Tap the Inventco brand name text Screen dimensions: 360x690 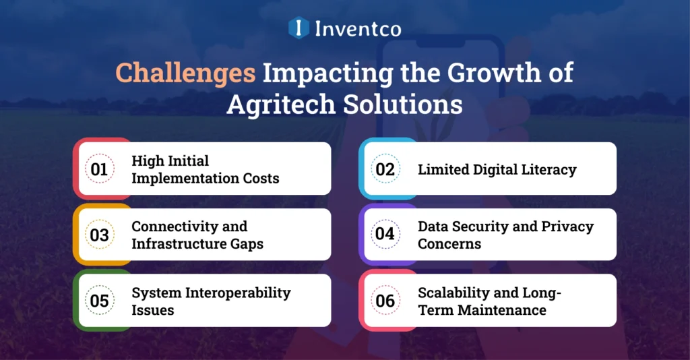coord(357,28)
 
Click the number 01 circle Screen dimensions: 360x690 coord(100,169)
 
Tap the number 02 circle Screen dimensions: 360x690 coord(385,169)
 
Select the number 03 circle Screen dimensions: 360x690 coord(100,235)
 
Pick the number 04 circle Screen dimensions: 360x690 coord(385,235)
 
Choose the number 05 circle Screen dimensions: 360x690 coord(100,301)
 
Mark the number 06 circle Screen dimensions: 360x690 coord(385,301)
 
